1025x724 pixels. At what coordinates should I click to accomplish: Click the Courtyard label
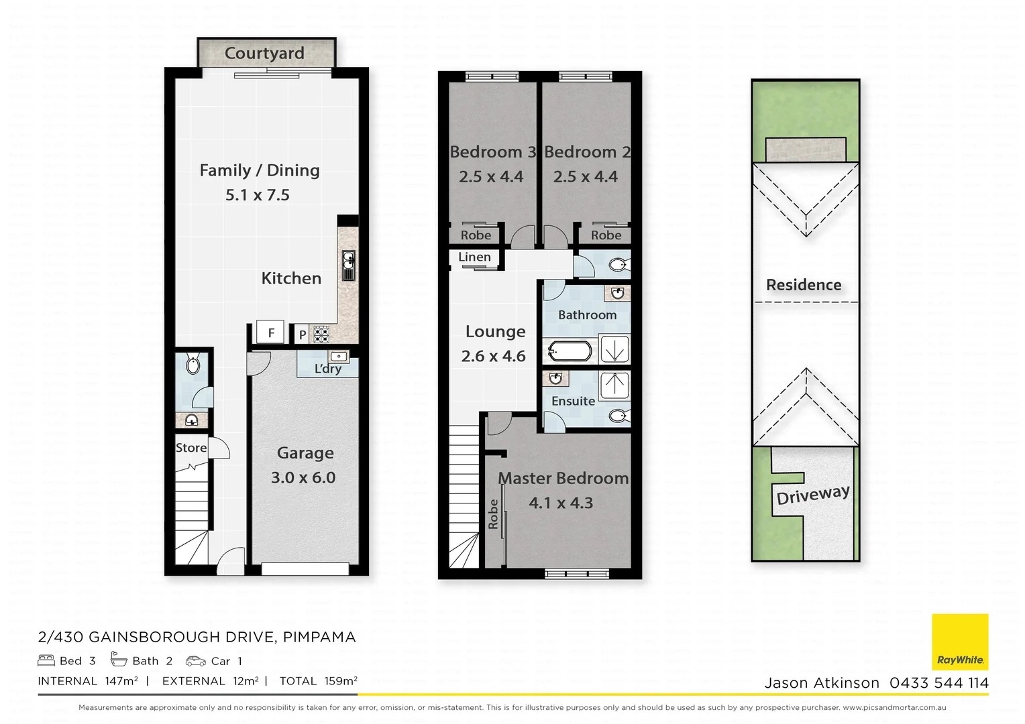(x=264, y=53)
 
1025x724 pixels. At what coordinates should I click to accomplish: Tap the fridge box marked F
(x=271, y=333)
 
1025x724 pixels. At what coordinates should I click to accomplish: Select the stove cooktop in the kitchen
(x=321, y=334)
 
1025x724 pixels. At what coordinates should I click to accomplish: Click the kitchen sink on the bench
(x=348, y=265)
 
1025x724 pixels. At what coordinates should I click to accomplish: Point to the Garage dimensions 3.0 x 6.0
(x=303, y=477)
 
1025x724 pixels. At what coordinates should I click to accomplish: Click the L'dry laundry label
(x=328, y=369)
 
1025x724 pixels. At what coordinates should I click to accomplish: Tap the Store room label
(x=191, y=448)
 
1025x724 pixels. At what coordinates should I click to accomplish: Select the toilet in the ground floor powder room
(x=193, y=365)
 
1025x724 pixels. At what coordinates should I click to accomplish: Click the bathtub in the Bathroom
(x=570, y=351)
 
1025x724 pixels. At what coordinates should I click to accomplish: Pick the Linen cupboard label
(x=474, y=257)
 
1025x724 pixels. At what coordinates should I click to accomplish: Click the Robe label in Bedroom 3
(x=476, y=235)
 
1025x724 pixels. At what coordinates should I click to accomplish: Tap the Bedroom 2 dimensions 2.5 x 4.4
(x=585, y=177)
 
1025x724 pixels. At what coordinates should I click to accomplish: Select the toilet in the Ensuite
(x=618, y=416)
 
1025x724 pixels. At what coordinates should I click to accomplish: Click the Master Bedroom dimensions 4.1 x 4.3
(x=561, y=503)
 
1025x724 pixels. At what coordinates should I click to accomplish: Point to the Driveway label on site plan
(x=812, y=495)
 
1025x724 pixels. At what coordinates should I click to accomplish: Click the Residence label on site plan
(x=804, y=285)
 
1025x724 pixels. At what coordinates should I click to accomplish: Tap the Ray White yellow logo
(x=960, y=642)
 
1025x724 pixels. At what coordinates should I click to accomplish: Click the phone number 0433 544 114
(x=938, y=683)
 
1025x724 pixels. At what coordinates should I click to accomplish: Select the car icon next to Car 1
(x=196, y=661)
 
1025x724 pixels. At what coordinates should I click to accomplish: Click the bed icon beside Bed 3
(x=46, y=660)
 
